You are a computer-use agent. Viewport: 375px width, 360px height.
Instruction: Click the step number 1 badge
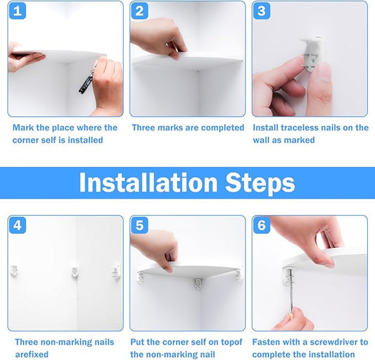click(18, 11)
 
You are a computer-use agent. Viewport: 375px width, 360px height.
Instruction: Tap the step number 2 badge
click(140, 11)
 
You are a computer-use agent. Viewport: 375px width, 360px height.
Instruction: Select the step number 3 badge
click(262, 11)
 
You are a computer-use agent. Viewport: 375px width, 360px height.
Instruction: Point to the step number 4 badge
click(18, 225)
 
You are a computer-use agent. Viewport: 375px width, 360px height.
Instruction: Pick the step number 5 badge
click(140, 225)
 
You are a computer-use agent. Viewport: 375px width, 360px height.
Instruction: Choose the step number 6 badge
click(262, 225)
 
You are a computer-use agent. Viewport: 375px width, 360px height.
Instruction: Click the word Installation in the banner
click(148, 182)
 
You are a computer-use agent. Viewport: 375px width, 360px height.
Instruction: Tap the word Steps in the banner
click(260, 183)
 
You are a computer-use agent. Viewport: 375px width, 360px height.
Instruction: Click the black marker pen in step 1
click(87, 80)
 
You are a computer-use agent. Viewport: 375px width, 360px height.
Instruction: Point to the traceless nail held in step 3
click(312, 53)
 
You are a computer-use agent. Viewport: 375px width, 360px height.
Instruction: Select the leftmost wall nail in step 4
click(14, 271)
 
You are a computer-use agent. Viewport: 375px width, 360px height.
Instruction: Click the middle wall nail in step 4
click(75, 273)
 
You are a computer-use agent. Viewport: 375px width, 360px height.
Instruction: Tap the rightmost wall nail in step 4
click(116, 272)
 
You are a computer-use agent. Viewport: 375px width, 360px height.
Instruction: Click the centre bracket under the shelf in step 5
click(198, 284)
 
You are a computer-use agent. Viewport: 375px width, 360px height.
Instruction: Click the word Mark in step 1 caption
click(23, 128)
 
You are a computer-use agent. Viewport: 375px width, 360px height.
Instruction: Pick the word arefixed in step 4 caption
click(32, 354)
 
